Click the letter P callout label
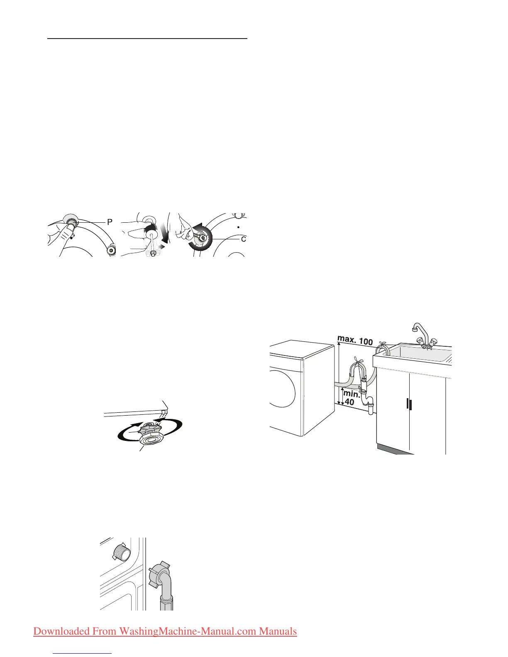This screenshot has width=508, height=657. point(110,222)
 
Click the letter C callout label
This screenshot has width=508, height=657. point(243,239)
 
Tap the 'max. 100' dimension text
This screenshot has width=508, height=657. point(355,340)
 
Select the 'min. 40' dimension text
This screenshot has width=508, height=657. point(351,398)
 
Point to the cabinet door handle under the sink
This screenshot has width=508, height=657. point(408,404)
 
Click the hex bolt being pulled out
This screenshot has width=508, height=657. point(153,253)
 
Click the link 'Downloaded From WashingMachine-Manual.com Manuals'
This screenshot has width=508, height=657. point(165,631)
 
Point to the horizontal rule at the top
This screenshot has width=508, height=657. point(147,38)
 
